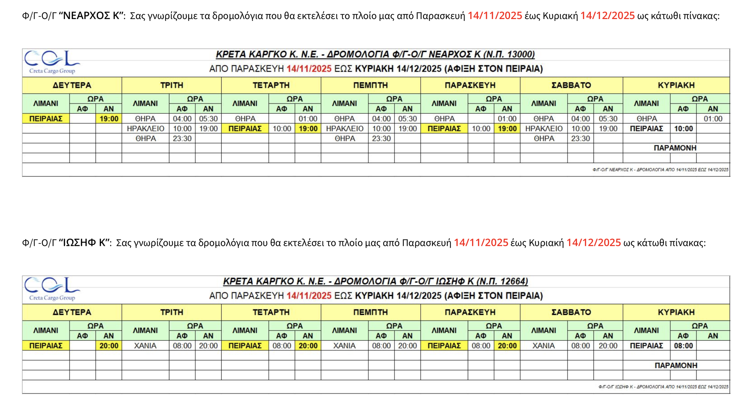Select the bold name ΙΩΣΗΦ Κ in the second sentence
pyautogui.click(x=84, y=242)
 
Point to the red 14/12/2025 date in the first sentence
pyautogui.click(x=607, y=16)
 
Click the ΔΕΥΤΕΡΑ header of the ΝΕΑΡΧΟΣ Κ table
pyautogui.click(x=72, y=85)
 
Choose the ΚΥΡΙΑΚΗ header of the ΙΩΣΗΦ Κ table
pyautogui.click(x=676, y=312)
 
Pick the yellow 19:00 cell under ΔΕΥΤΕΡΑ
pyautogui.click(x=109, y=119)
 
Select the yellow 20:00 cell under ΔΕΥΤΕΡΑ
pyautogui.click(x=109, y=346)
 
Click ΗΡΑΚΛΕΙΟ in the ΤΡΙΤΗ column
pyautogui.click(x=146, y=129)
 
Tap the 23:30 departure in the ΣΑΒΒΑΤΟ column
pyautogui.click(x=580, y=138)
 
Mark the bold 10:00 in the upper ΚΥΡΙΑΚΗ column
pyautogui.click(x=683, y=129)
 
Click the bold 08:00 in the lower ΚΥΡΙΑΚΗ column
pyautogui.click(x=683, y=346)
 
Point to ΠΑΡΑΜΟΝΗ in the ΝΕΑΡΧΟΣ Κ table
pyautogui.click(x=675, y=148)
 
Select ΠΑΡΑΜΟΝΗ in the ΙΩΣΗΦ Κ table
pyautogui.click(x=676, y=365)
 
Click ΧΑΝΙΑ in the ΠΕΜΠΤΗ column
pyautogui.click(x=344, y=346)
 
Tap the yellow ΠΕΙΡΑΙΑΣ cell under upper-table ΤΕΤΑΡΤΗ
pyautogui.click(x=245, y=129)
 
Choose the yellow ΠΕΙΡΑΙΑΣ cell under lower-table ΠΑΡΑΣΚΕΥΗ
pyautogui.click(x=444, y=346)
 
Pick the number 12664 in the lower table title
pyautogui.click(x=512, y=281)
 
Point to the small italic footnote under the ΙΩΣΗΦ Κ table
pyautogui.click(x=663, y=387)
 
